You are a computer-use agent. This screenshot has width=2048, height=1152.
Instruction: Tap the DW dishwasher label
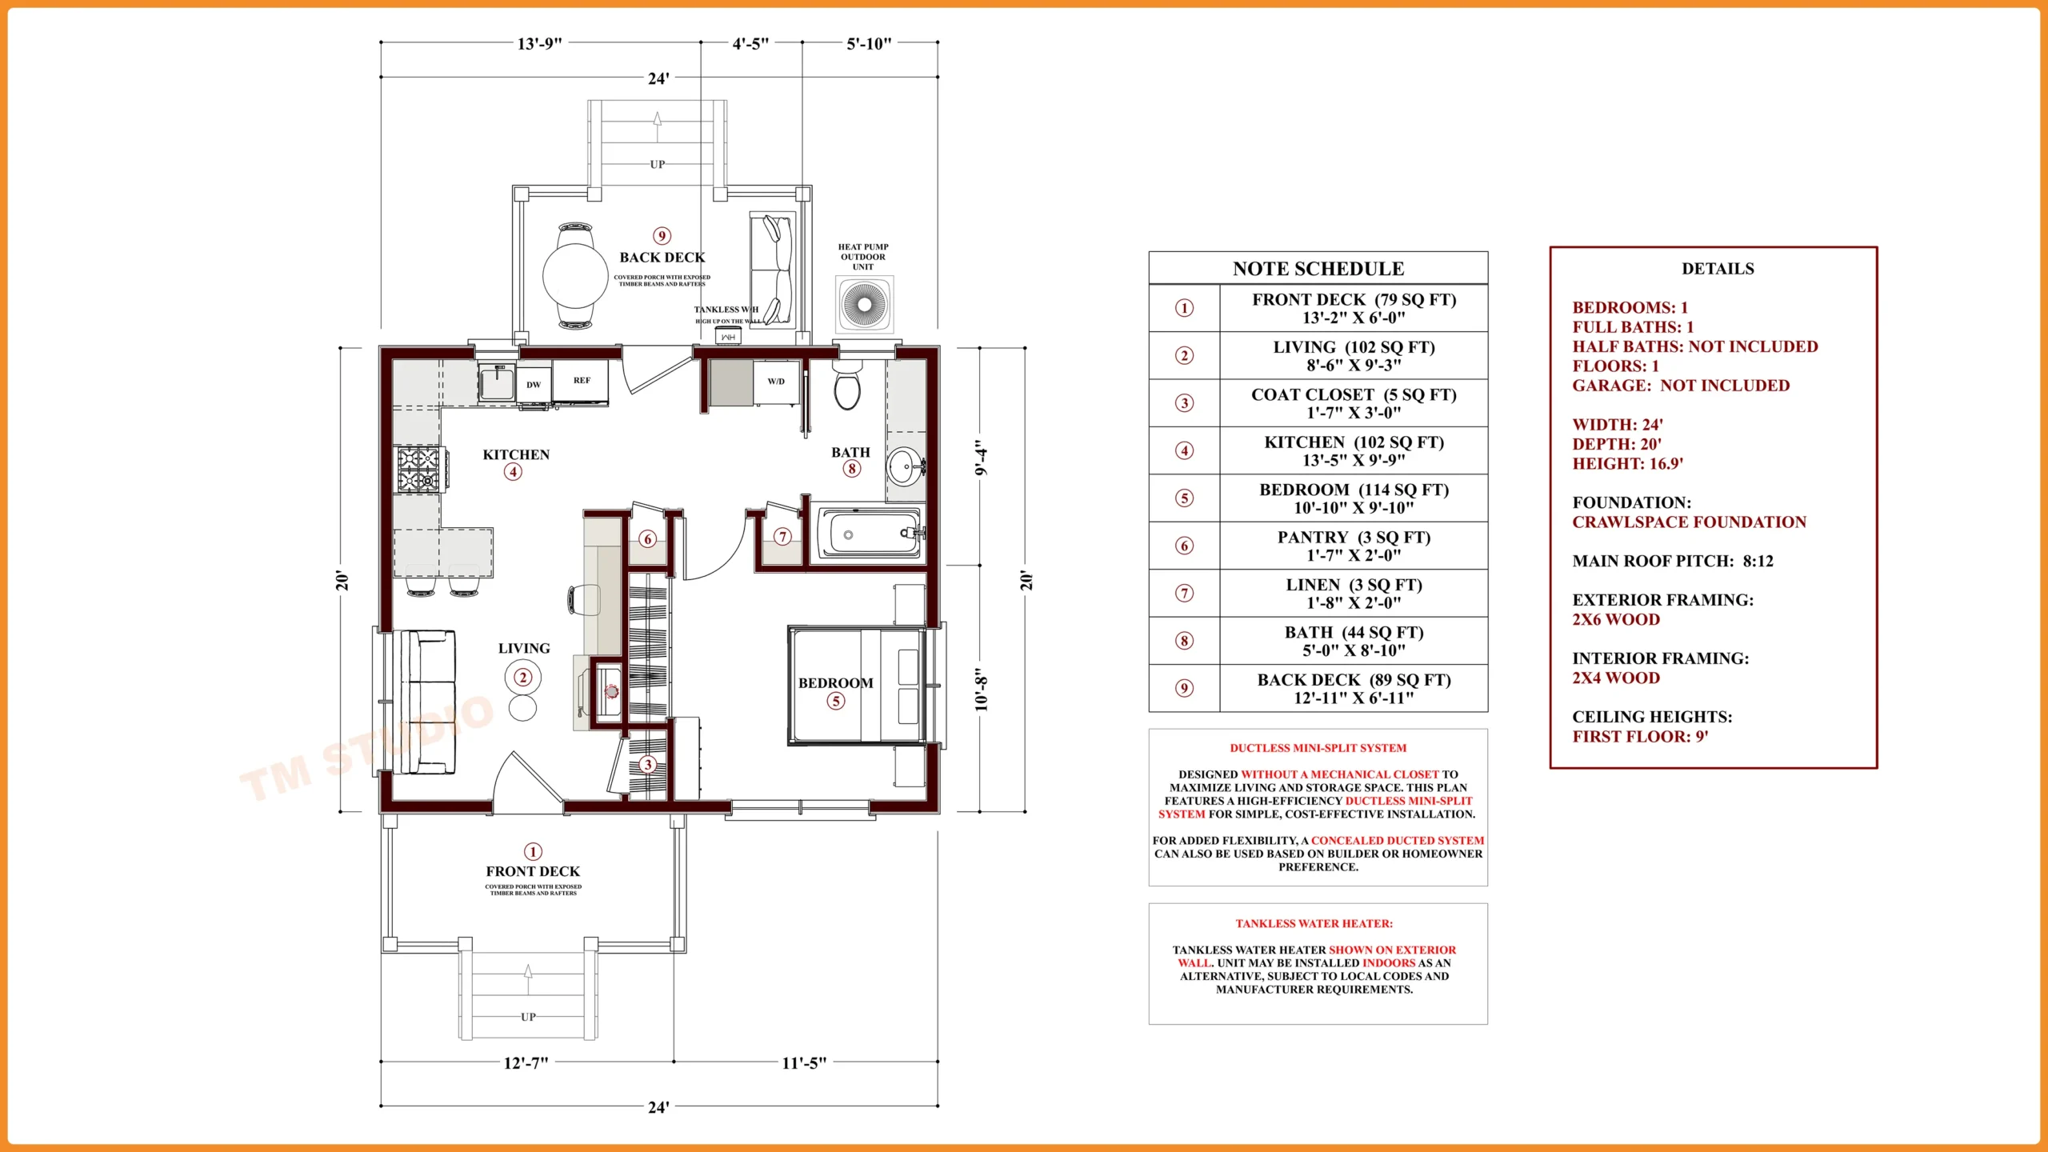pos(534,385)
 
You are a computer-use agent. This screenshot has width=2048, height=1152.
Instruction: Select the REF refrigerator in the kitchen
pos(582,381)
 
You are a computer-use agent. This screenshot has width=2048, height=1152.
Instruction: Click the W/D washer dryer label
pos(776,382)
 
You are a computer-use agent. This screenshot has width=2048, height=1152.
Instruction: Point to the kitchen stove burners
pos(419,469)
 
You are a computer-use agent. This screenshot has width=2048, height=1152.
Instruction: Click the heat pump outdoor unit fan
pos(864,304)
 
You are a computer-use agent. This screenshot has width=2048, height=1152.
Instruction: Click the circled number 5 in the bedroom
pos(835,702)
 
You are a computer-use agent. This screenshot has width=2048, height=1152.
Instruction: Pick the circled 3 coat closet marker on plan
pos(648,765)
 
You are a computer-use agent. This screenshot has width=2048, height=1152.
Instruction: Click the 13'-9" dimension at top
pos(540,43)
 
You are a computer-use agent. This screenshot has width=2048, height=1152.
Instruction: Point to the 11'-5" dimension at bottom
pos(804,1063)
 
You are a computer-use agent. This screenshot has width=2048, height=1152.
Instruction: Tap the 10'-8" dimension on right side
pos(982,690)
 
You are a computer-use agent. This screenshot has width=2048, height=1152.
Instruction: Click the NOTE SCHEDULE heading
pos(1318,269)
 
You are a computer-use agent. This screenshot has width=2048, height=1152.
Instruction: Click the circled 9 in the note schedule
pos(1184,688)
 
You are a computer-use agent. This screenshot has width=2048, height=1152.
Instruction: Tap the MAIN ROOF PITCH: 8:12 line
pos(1672,562)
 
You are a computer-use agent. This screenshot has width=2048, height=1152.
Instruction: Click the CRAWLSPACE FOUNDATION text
pos(1689,522)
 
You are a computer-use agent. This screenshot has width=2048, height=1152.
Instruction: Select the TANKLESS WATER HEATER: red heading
pos(1314,924)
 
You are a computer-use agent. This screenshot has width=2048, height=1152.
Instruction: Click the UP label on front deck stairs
pos(528,1017)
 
